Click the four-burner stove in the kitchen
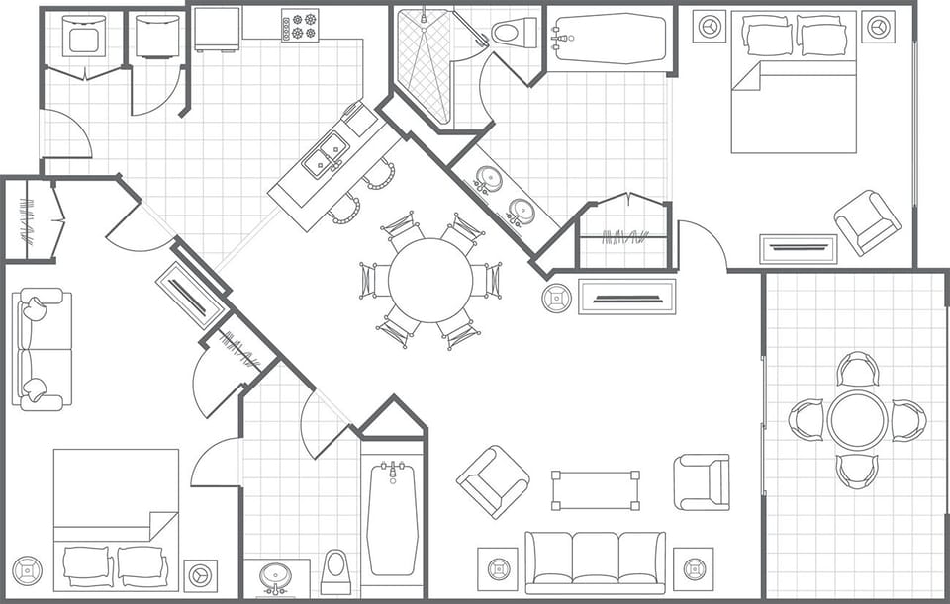300,25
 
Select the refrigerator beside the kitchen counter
218,29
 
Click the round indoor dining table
430,280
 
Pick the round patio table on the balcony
857,419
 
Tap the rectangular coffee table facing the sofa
595,489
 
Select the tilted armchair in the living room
492,481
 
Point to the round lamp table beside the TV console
556,296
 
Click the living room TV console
626,297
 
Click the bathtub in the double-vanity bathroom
609,39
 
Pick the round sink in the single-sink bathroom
274,576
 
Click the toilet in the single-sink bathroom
335,572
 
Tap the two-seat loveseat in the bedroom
42,349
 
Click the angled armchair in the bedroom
867,222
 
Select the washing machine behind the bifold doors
83,38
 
